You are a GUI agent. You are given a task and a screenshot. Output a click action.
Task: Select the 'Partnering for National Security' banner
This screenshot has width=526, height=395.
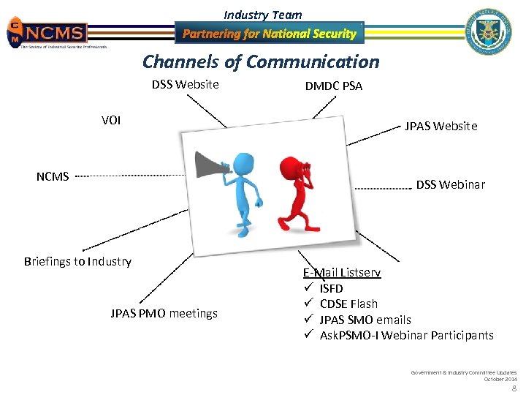[x=269, y=34]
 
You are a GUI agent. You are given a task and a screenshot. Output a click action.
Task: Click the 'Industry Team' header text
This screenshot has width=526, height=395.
[x=262, y=15]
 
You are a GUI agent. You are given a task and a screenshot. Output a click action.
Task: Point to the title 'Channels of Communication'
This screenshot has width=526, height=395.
[x=261, y=62]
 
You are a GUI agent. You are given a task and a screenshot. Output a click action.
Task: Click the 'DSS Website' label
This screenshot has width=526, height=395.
[x=185, y=84]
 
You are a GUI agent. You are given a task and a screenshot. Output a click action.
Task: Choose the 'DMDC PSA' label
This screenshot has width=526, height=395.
[x=333, y=86]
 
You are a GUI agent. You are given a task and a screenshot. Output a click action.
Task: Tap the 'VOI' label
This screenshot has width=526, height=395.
[x=111, y=120]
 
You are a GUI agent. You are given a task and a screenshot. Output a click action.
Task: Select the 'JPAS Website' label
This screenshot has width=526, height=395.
[x=441, y=126]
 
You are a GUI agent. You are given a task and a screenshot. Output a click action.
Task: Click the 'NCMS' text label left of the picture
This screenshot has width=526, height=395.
[x=53, y=176]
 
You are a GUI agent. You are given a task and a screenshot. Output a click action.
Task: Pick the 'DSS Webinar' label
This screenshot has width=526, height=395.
[x=450, y=184]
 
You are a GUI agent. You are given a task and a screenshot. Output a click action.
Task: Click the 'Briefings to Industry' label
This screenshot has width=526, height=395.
[x=77, y=261]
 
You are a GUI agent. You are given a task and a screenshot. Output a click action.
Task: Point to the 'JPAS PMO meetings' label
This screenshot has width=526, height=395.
[x=164, y=313]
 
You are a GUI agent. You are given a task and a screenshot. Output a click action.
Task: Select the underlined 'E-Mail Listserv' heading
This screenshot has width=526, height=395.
[x=341, y=272]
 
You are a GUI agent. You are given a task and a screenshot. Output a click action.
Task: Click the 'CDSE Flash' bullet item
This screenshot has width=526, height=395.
[x=348, y=304]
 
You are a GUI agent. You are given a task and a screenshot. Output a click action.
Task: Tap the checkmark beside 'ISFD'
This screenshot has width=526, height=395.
[x=308, y=288]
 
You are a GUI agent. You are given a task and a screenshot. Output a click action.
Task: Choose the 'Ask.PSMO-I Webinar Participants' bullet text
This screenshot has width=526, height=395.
[x=406, y=335]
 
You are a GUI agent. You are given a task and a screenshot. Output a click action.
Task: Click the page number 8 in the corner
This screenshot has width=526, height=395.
[x=514, y=388]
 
